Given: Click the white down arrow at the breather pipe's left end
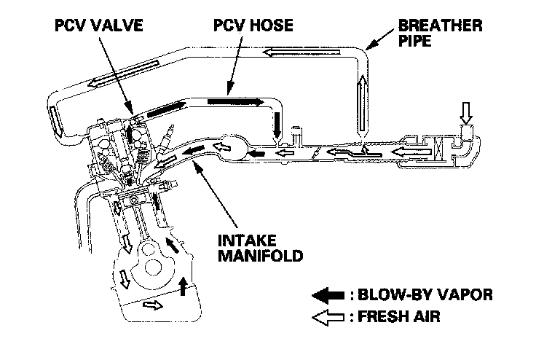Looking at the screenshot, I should pyautogui.click(x=55, y=117).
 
